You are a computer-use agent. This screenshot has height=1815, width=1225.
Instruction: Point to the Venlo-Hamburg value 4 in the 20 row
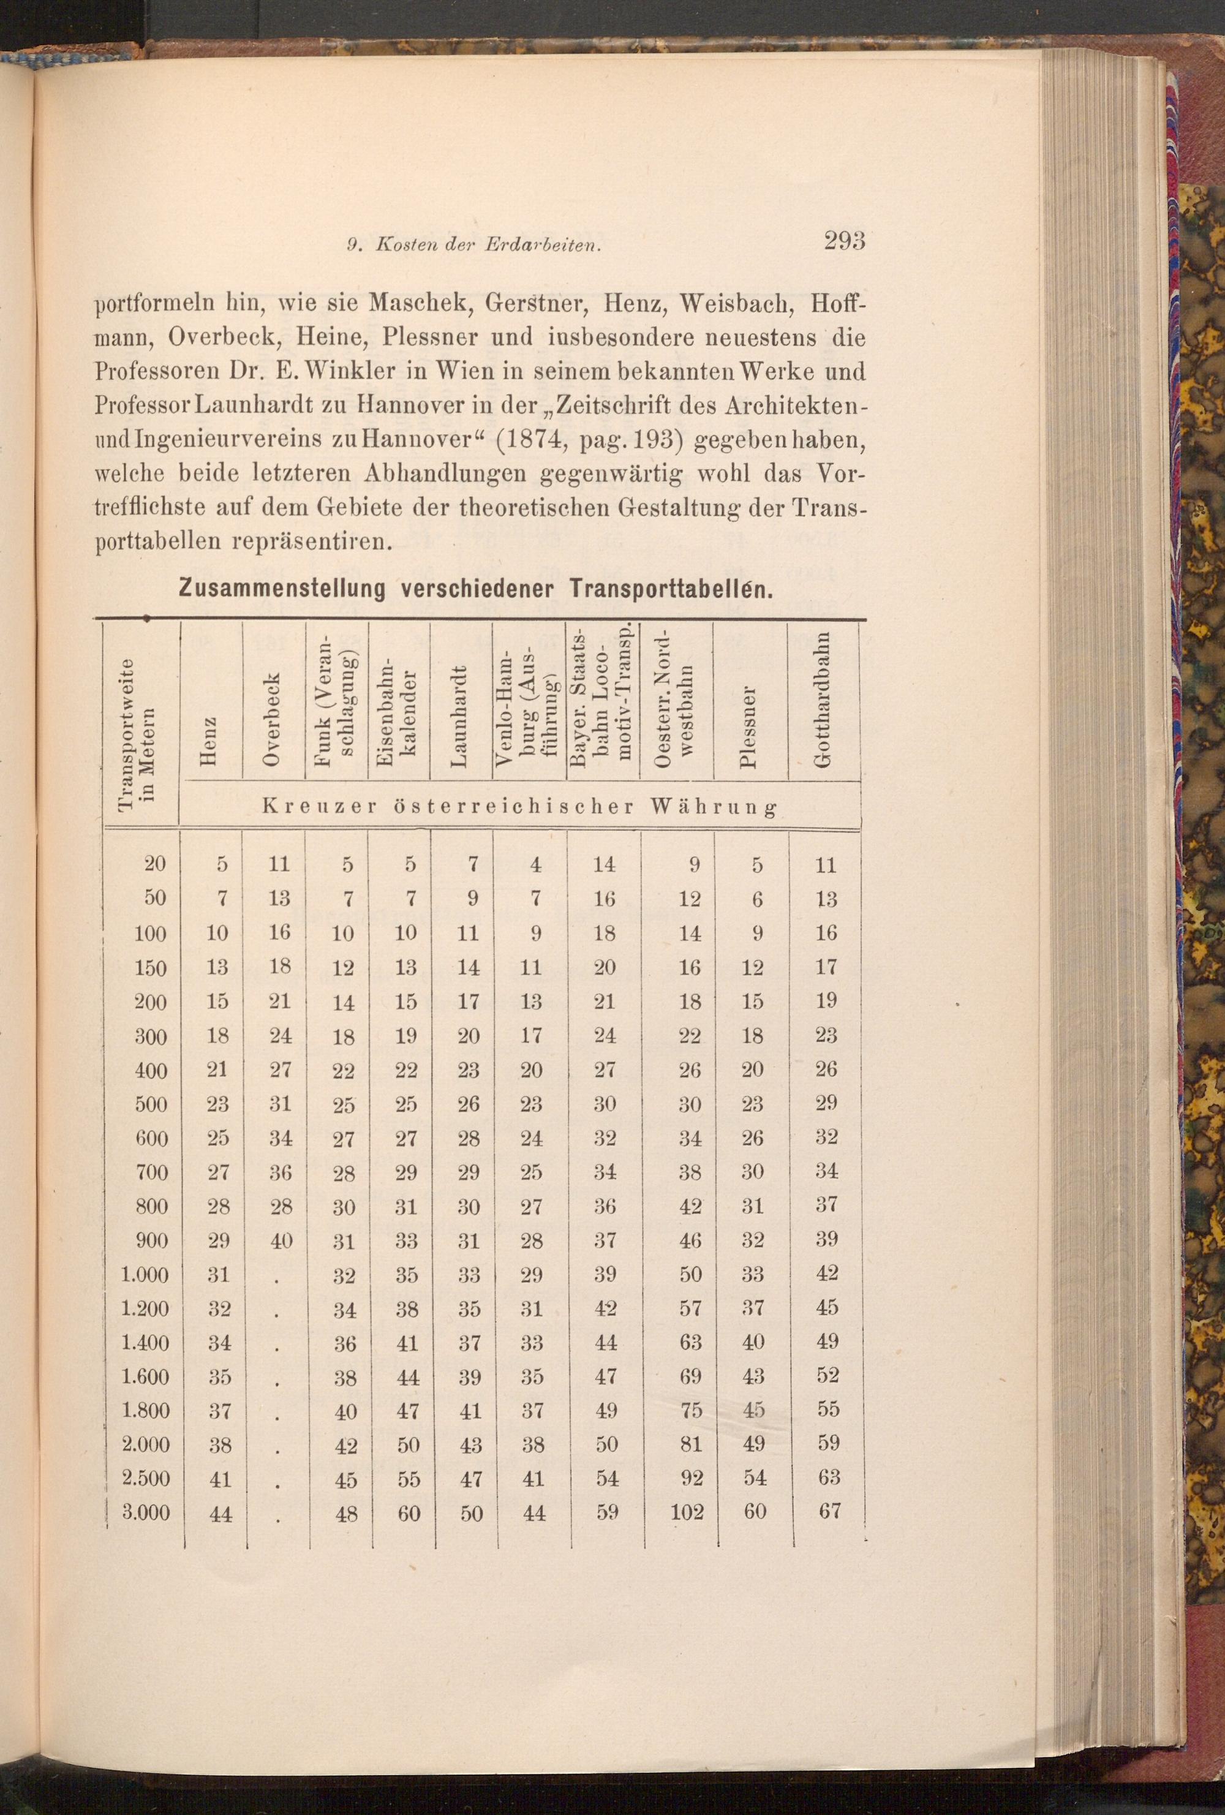click(x=535, y=864)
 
